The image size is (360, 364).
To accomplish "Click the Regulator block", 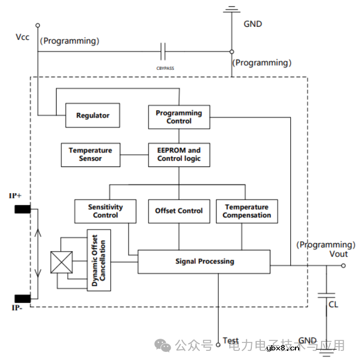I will tap(92, 116).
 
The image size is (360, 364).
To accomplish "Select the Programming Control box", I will tap(179, 117).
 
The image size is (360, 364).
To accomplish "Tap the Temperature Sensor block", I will tap(90, 154).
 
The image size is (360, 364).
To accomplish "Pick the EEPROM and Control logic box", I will tap(179, 154).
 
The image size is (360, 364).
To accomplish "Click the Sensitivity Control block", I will tap(105, 211).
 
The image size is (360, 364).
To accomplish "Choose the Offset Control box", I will tap(179, 211).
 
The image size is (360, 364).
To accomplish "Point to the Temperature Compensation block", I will tap(247, 211).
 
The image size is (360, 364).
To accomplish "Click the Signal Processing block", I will tap(204, 262).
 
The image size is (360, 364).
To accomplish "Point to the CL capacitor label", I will tap(333, 304).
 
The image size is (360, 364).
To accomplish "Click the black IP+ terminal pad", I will tap(22, 210).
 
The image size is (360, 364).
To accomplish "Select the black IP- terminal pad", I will tap(22, 298).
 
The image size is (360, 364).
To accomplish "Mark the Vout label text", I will tap(338, 254).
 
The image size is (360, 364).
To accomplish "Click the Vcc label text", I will tap(23, 37).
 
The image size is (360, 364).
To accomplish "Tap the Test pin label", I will tap(231, 341).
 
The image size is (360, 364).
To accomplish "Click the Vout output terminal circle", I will tap(344, 266).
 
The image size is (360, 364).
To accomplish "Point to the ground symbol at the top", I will tap(231, 9).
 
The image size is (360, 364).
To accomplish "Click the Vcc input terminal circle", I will tap(38, 25).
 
